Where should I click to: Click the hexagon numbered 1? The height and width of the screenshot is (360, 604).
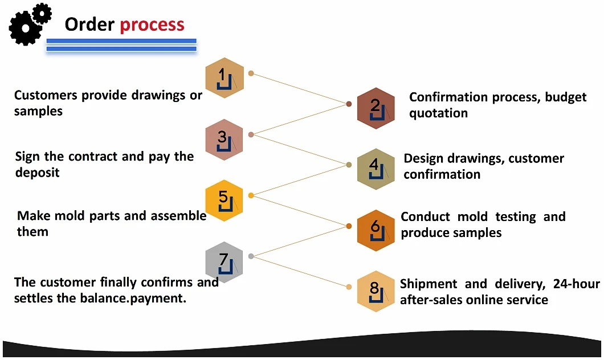(x=225, y=78)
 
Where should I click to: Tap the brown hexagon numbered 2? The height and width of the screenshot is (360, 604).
(x=376, y=108)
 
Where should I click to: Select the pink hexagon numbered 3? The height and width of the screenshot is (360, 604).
(x=224, y=140)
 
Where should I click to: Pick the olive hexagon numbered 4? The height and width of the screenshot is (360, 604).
(x=376, y=169)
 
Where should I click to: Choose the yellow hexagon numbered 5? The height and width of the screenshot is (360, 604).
(x=224, y=200)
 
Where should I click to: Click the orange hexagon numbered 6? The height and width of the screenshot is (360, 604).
(x=376, y=230)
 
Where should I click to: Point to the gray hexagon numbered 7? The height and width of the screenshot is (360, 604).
(x=224, y=262)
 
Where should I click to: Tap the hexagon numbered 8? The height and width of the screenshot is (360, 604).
(x=376, y=291)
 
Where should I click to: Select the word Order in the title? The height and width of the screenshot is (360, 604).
(x=89, y=24)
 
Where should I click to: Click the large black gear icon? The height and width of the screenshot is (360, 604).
(x=25, y=28)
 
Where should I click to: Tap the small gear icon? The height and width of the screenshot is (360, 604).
(x=42, y=14)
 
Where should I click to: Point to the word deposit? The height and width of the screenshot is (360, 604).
(x=38, y=173)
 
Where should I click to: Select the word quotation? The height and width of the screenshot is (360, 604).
(x=438, y=113)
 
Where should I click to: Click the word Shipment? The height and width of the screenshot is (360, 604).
(x=428, y=284)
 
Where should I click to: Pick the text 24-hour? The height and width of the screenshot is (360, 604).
(x=576, y=284)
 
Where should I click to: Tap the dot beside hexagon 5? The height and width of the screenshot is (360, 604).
(x=251, y=195)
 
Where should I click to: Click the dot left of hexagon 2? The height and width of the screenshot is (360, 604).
(x=349, y=104)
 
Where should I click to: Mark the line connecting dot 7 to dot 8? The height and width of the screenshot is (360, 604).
(x=300, y=272)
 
